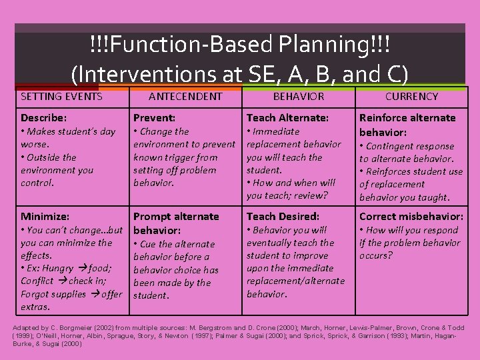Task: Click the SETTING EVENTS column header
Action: [x=61, y=97]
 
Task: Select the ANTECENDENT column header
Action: [x=185, y=97]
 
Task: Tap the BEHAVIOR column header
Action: [x=299, y=97]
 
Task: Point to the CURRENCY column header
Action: [x=411, y=97]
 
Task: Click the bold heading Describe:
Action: [x=43, y=118]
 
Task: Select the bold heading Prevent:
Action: [x=154, y=118]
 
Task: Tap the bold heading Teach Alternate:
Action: [x=287, y=118]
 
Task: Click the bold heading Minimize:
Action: [x=45, y=217]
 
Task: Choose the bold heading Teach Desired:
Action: [x=283, y=217]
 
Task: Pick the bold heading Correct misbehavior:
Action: [x=411, y=217]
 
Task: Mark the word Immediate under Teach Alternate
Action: [x=276, y=132]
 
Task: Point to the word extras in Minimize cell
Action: [x=35, y=307]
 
